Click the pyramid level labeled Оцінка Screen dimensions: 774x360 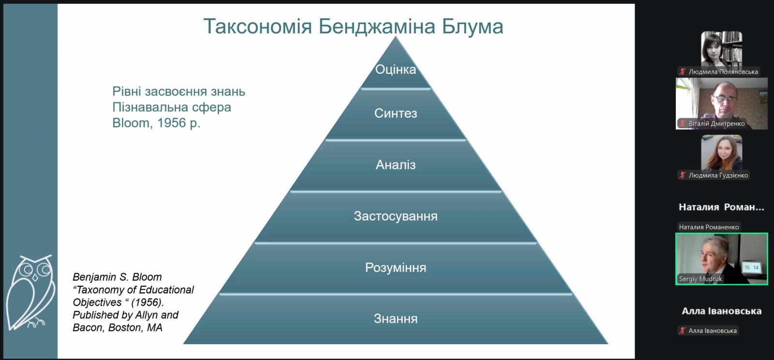[x=396, y=70]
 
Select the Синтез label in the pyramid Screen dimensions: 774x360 [x=396, y=113]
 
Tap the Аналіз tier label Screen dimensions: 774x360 [x=396, y=165]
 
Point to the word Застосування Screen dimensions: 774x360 [x=396, y=216]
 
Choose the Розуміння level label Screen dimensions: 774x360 [x=396, y=268]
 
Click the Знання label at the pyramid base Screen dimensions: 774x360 [x=396, y=318]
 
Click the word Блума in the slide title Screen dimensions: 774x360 [x=472, y=27]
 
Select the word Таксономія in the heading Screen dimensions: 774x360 [x=258, y=27]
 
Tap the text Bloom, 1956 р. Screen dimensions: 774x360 [x=156, y=123]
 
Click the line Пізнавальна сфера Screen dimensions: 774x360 [x=171, y=107]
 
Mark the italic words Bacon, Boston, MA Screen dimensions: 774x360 [x=118, y=328]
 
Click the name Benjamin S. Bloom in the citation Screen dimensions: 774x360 [x=117, y=277]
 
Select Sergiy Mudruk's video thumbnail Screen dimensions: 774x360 [x=721, y=259]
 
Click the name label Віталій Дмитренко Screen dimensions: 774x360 [x=716, y=124]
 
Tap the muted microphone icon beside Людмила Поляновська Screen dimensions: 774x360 [x=683, y=72]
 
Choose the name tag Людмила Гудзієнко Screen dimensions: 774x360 [x=718, y=176]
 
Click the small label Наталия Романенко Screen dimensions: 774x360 [x=709, y=227]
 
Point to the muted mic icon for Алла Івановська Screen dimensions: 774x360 [x=683, y=330]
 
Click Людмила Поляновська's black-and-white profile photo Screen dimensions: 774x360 [x=721, y=49]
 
